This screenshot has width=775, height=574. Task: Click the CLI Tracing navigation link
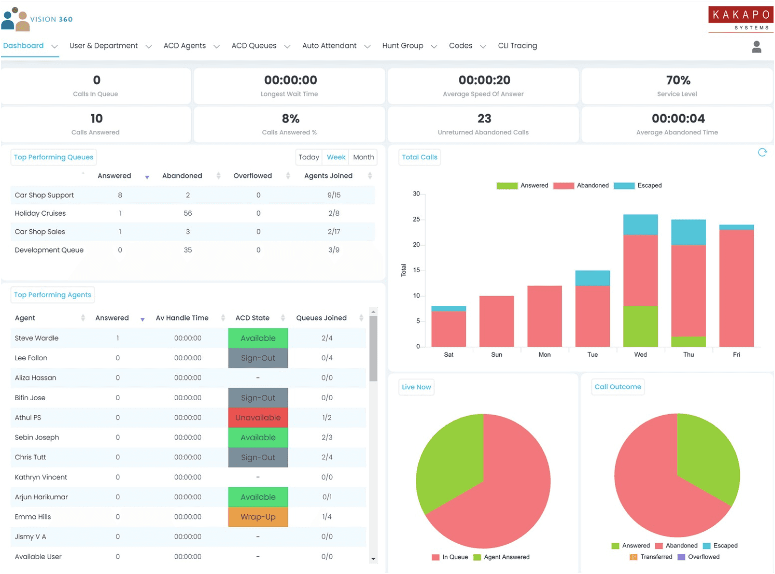click(x=517, y=46)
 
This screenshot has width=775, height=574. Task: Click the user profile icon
click(x=756, y=47)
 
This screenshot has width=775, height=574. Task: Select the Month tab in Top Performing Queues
click(x=363, y=157)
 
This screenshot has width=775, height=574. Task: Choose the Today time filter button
click(x=309, y=157)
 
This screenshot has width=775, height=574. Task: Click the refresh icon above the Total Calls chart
click(x=762, y=153)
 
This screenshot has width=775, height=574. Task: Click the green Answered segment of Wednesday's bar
click(x=640, y=326)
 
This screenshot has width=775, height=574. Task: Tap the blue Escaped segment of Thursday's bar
click(x=688, y=232)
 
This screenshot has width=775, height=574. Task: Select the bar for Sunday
click(x=496, y=321)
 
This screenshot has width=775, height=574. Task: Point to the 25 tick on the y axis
click(x=416, y=220)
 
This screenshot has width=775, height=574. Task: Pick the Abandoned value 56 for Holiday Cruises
click(x=188, y=213)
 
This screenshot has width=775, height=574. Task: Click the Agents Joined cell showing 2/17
click(x=334, y=232)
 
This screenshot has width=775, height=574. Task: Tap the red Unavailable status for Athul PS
click(x=258, y=417)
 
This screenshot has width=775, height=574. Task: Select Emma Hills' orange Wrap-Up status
click(x=258, y=517)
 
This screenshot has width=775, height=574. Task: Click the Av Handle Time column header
click(x=182, y=318)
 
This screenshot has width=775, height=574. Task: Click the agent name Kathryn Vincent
click(x=41, y=477)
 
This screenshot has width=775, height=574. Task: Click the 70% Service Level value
click(x=678, y=80)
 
